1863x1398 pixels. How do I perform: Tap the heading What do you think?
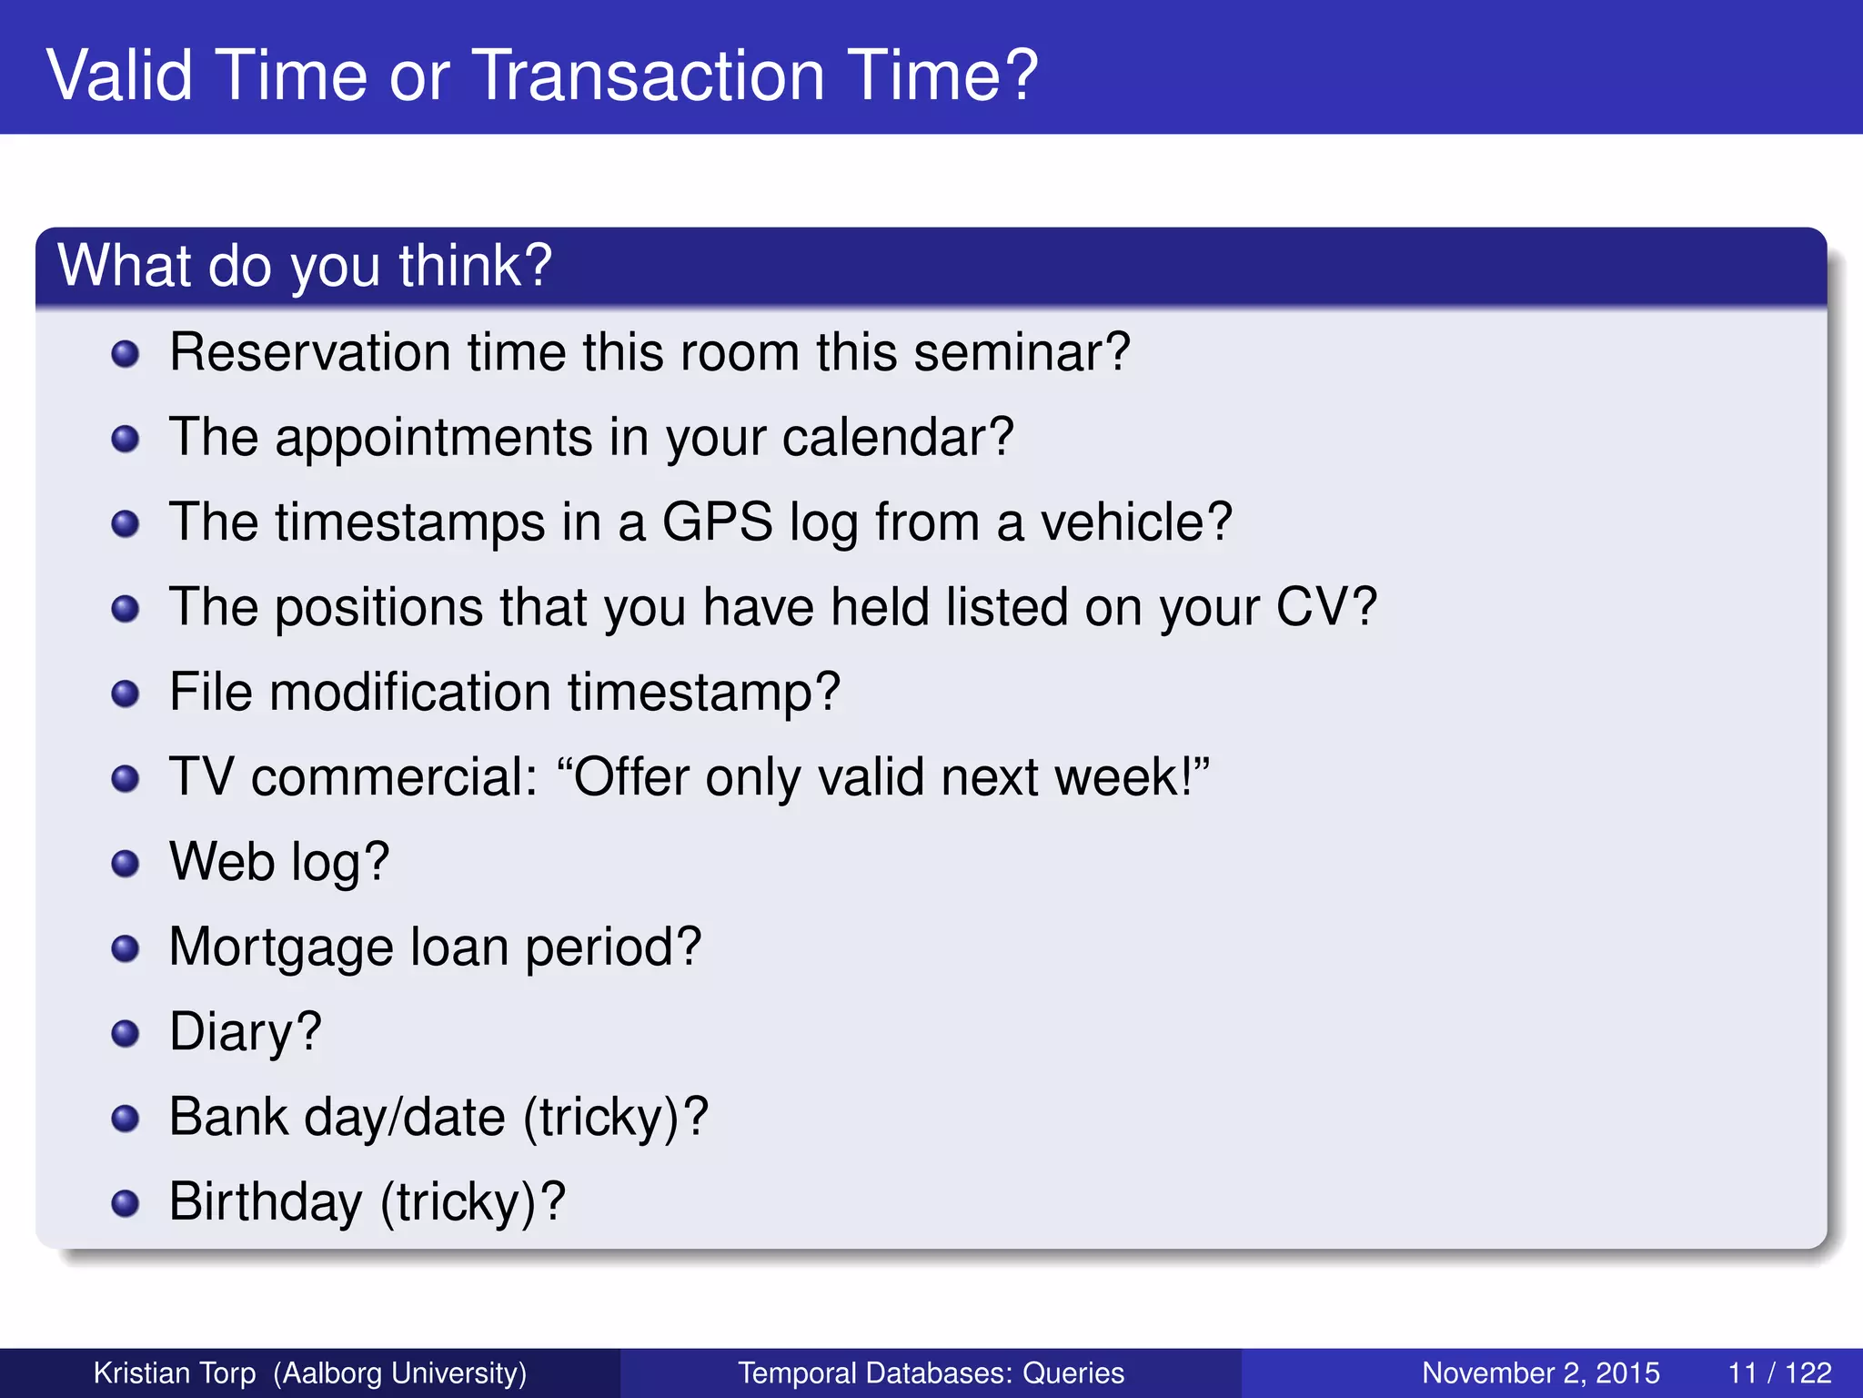305,265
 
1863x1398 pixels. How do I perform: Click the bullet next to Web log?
125,863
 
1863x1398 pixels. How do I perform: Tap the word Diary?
246,1032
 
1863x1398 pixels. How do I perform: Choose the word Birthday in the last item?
266,1201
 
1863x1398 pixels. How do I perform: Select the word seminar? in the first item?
1022,352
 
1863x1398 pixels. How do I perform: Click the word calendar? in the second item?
897,438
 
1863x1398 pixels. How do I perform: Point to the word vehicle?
1136,522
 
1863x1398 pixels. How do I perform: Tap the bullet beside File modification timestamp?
125,694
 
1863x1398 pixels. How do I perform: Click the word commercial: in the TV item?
394,777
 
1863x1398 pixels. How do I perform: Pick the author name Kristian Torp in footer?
175,1373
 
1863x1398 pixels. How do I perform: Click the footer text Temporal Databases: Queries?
931,1373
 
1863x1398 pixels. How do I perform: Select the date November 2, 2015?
1540,1373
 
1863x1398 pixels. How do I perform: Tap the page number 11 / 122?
1778,1373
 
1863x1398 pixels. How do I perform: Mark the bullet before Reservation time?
125,353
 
